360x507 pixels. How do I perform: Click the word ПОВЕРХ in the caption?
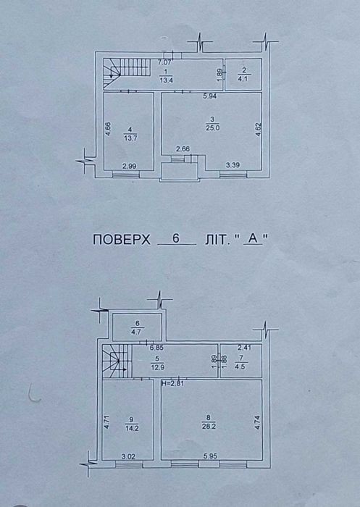pyautogui.click(x=122, y=240)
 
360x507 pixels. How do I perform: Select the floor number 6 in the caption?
pyautogui.click(x=176, y=238)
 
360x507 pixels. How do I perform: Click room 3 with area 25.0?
pyautogui.click(x=212, y=130)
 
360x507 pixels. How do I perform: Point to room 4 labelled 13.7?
pyautogui.click(x=128, y=131)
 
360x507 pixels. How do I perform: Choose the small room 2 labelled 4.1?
pyautogui.click(x=243, y=75)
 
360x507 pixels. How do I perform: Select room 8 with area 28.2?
pyautogui.click(x=212, y=419)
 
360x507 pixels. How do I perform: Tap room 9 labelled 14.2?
pyautogui.click(x=127, y=419)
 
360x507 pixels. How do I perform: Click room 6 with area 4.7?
pyautogui.click(x=137, y=327)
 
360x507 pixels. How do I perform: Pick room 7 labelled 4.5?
pyautogui.click(x=241, y=361)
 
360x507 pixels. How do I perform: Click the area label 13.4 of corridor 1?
pyautogui.click(x=166, y=80)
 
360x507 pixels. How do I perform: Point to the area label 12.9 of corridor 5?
pyautogui.click(x=157, y=366)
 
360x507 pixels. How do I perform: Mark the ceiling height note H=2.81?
pyautogui.click(x=172, y=384)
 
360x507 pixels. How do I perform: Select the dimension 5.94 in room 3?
pyautogui.click(x=209, y=96)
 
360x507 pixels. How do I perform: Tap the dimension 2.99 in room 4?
pyautogui.click(x=129, y=166)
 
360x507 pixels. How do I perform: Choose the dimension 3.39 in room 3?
pyautogui.click(x=233, y=166)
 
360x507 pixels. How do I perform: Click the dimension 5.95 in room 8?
pyautogui.click(x=210, y=456)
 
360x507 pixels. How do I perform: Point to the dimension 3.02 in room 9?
pyautogui.click(x=128, y=456)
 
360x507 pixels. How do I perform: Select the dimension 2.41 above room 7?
pyautogui.click(x=244, y=348)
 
